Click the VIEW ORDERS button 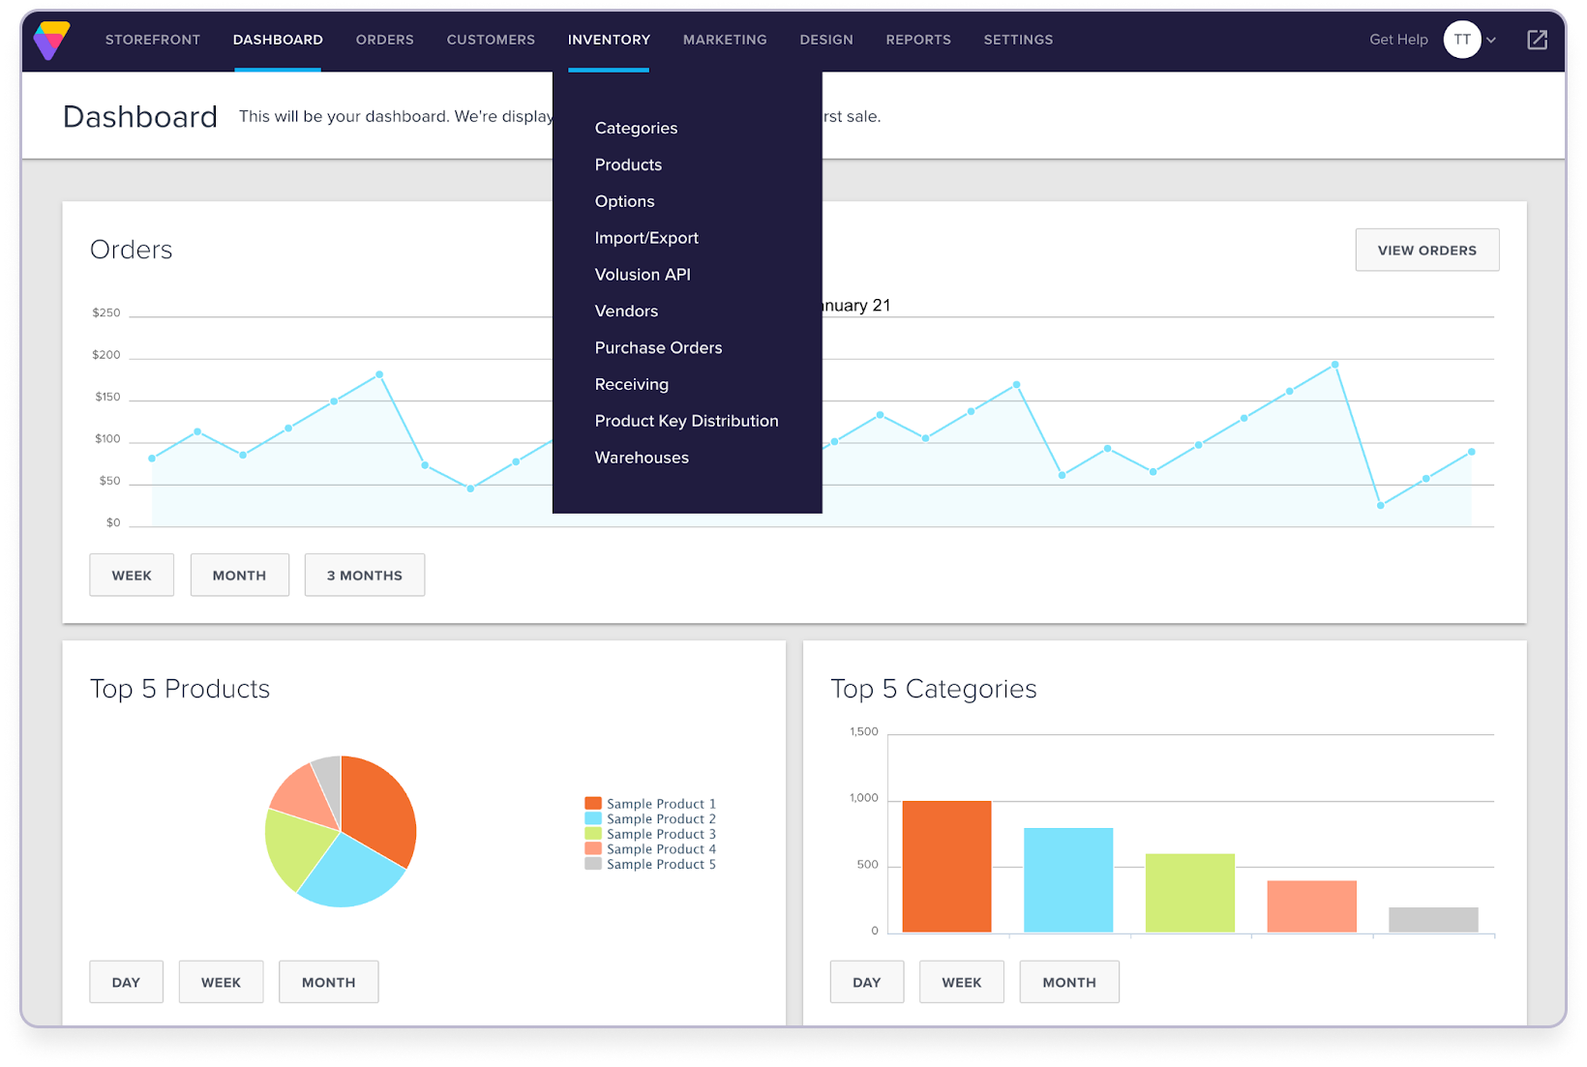1426,250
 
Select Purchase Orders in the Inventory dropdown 658,347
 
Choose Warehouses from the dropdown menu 642,458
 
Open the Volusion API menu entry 643,275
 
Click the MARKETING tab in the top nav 725,40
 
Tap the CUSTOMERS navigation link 491,40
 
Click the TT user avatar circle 1461,40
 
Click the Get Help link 1397,40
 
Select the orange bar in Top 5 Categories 945,866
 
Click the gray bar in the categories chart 1432,919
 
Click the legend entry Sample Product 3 661,834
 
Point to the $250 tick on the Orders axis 106,313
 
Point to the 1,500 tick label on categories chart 863,731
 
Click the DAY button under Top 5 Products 126,982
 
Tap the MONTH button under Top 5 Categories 1068,982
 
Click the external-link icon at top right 1537,40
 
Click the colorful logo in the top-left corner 51,41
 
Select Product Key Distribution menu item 686,421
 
